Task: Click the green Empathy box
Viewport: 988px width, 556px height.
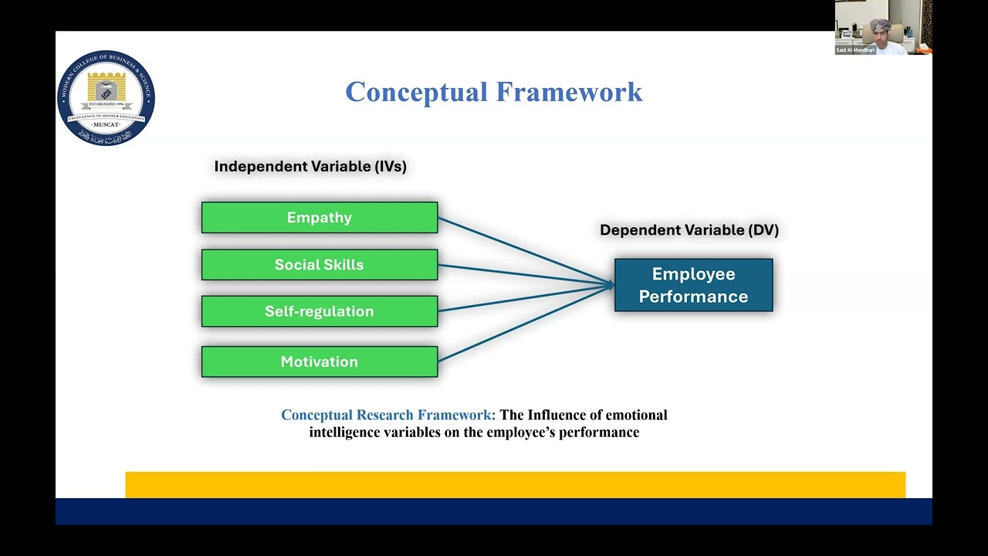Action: [319, 218]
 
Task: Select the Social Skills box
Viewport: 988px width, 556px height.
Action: [319, 265]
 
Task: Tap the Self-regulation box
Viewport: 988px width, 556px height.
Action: [319, 311]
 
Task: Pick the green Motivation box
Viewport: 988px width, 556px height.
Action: [319, 361]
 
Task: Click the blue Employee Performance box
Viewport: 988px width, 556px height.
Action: [693, 285]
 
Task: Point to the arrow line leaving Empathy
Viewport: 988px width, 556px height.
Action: [525, 251]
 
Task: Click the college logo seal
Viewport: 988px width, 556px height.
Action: [106, 98]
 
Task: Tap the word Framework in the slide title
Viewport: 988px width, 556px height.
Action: [569, 92]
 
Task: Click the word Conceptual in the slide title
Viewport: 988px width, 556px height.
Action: [416, 92]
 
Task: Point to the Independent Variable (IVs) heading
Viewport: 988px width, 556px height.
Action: [310, 166]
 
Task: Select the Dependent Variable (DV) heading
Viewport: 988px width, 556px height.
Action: [689, 230]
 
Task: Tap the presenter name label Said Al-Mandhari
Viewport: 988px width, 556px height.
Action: [855, 50]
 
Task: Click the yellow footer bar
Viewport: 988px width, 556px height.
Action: [515, 484]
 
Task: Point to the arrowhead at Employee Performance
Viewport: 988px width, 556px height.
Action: [610, 285]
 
